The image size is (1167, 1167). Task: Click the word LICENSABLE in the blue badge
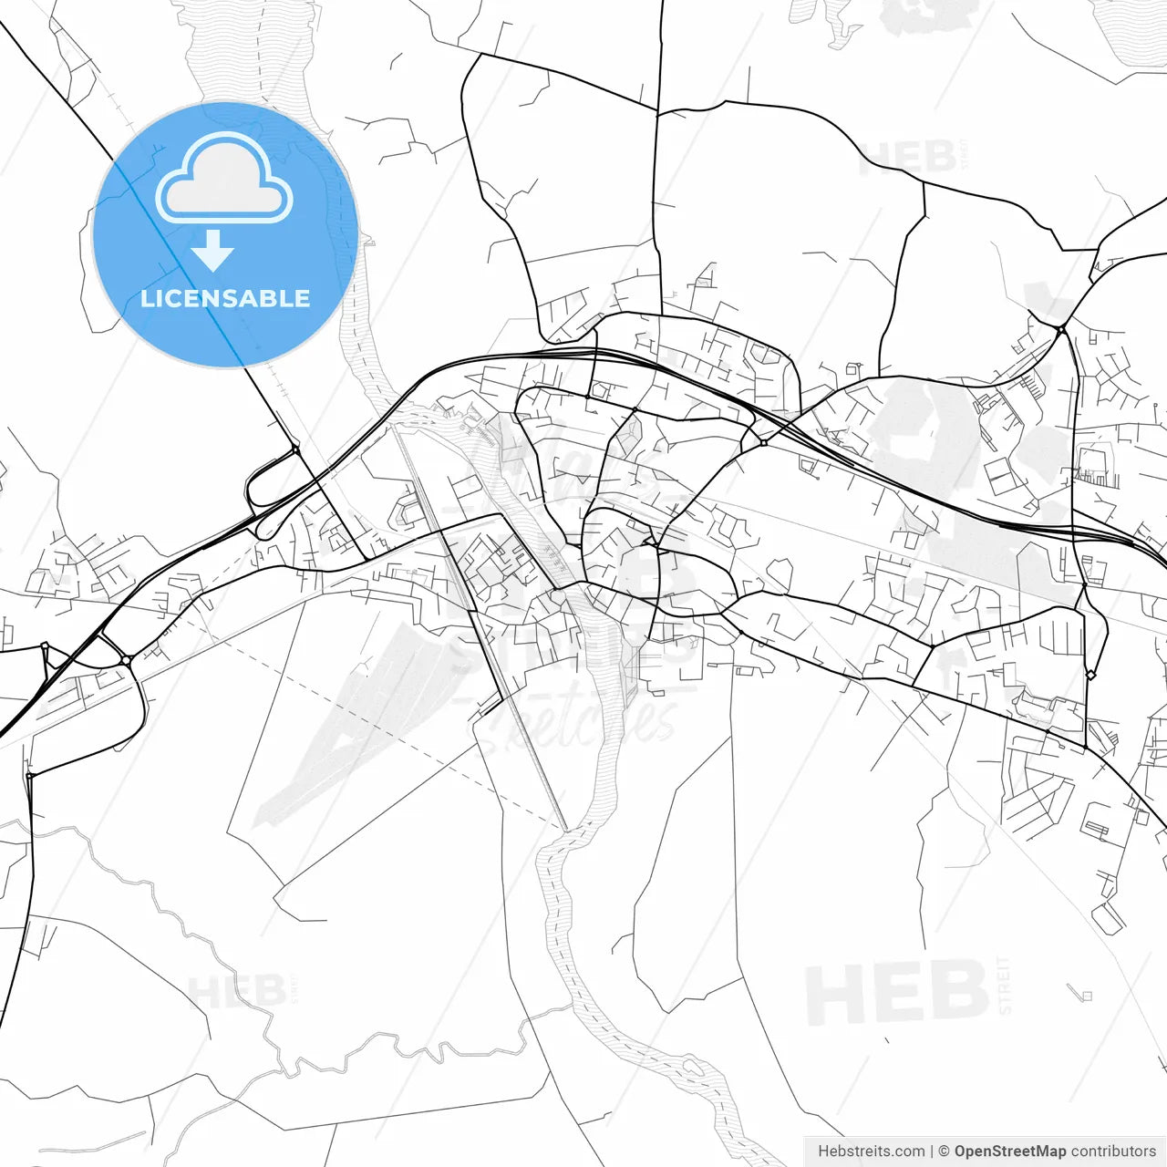click(x=225, y=298)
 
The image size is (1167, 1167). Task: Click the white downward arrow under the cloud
click(x=213, y=251)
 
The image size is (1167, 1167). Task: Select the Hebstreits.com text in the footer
click(x=871, y=1152)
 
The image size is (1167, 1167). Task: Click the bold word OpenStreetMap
click(x=1009, y=1152)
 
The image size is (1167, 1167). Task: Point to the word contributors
click(x=1113, y=1152)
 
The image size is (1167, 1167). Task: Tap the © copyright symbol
click(x=944, y=1152)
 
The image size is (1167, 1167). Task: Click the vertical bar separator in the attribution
click(x=931, y=1152)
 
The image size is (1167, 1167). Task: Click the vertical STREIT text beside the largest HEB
click(x=1005, y=986)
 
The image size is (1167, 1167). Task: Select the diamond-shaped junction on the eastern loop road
click(x=1090, y=675)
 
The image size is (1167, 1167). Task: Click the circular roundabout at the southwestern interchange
click(x=126, y=659)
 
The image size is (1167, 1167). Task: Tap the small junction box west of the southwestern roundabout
click(x=44, y=646)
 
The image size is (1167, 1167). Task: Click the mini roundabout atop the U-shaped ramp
click(x=295, y=449)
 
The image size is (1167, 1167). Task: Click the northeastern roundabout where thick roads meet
click(x=1062, y=328)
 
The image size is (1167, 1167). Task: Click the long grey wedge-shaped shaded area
click(x=346, y=720)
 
